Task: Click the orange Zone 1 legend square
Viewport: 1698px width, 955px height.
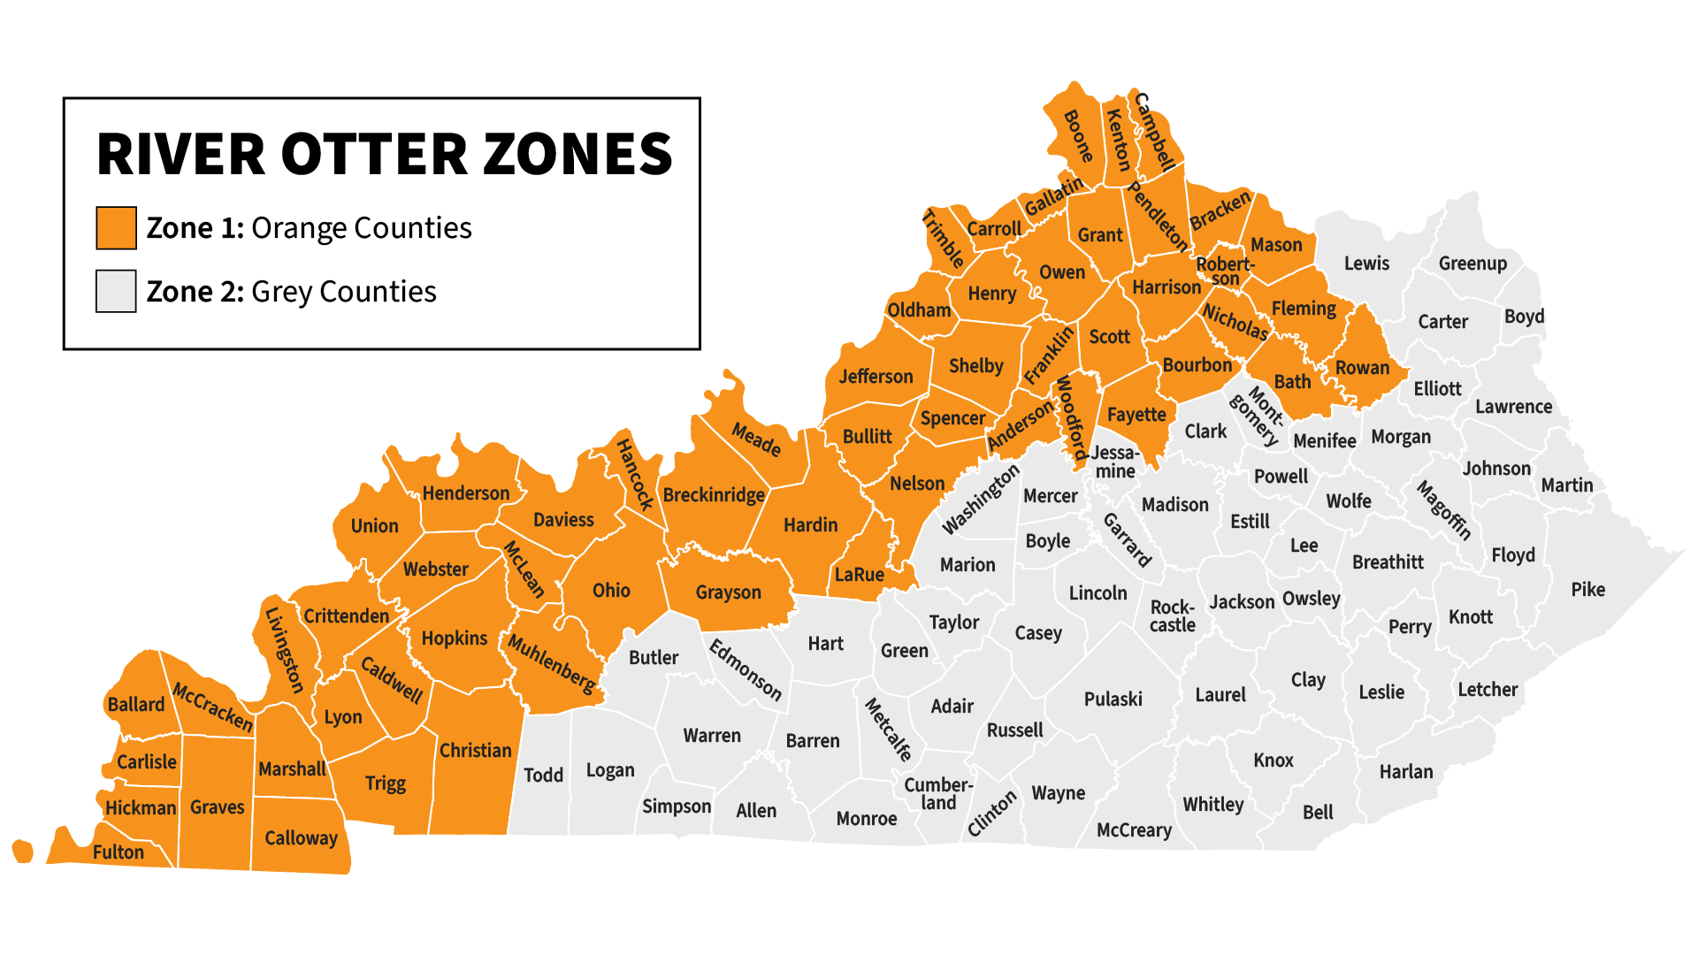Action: pos(116,228)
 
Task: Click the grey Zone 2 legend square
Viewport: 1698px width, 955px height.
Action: pos(116,292)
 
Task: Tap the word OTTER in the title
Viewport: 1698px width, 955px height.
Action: pos(376,155)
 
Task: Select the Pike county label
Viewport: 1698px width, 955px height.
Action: pos(1587,590)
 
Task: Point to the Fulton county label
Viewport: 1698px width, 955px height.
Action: pos(119,852)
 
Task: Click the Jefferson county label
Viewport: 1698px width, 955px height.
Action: pos(876,377)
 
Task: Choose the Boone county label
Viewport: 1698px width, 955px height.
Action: pos(1077,135)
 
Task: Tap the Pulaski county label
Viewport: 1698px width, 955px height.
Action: pos(1113,699)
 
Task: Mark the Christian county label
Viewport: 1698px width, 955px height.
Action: pos(475,751)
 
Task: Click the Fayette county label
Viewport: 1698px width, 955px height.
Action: pos(1136,415)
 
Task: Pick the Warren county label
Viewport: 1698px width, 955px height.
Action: pos(712,736)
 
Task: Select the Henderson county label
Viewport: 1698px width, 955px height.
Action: pos(465,493)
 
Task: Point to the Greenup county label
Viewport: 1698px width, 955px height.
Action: pos(1472,264)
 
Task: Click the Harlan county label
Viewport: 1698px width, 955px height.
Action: pos(1405,772)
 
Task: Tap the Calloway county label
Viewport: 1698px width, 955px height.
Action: pos(301,838)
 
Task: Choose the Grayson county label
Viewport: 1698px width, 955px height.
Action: pos(728,592)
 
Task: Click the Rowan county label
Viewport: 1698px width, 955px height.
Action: pos(1362,368)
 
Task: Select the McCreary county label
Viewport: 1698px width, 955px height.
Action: pos(1134,830)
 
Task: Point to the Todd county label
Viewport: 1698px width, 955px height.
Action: pos(543,775)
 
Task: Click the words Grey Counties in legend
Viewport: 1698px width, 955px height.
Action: pos(343,292)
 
